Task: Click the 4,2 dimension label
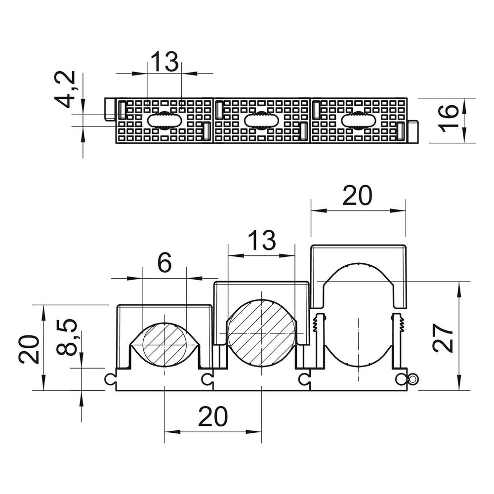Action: pos(67,89)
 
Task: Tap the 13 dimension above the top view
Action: pos(165,62)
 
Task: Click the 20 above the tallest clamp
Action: pos(358,195)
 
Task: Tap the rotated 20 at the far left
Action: pos(29,349)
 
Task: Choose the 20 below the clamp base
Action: pos(213,416)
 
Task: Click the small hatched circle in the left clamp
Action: pos(165,345)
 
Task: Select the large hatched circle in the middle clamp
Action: pos(262,332)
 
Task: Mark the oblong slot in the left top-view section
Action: pos(165,120)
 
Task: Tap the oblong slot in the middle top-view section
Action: pos(261,120)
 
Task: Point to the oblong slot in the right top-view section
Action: pos(359,120)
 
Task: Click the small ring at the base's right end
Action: pos(413,379)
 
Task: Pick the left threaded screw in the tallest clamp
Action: pos(320,323)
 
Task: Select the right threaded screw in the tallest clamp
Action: pos(398,323)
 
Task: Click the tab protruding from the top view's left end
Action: pos(110,109)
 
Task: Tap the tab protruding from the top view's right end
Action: pos(413,131)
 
